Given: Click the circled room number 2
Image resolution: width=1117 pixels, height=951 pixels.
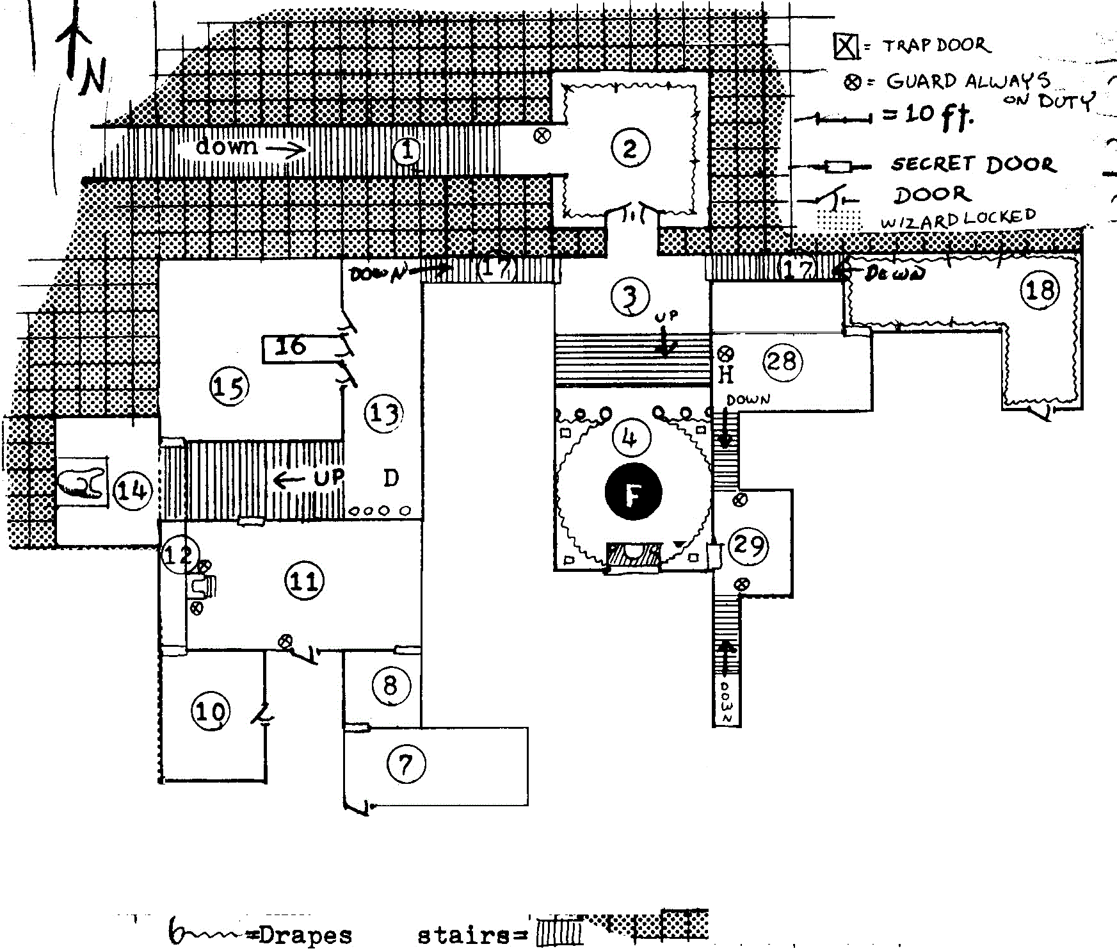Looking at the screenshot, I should [630, 148].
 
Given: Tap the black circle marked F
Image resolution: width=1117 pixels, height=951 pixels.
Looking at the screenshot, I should [633, 492].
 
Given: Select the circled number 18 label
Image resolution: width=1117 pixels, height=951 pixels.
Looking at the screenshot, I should [1040, 290].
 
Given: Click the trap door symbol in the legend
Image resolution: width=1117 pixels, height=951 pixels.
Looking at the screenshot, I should [846, 45].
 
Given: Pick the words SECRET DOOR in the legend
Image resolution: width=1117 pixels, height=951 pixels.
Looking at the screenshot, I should [973, 165].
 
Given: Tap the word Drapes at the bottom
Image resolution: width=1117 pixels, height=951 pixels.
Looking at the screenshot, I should [306, 935].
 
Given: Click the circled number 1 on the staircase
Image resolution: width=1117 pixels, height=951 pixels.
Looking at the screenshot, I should [406, 152].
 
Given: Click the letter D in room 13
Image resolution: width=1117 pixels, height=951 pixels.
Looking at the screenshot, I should [390, 478].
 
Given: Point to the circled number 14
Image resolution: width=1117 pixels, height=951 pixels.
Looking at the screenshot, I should [133, 491].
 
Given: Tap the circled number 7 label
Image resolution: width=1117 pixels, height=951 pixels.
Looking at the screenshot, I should [406, 763].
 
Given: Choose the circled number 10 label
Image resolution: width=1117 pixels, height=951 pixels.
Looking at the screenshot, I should [210, 711].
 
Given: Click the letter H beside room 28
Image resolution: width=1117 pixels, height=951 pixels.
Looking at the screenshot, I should [725, 375].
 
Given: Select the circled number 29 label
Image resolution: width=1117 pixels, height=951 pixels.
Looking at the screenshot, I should [748, 546].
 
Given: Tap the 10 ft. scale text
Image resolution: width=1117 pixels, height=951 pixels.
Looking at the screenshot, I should [940, 115].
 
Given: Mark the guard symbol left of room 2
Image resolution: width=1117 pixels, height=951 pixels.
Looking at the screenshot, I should [542, 136].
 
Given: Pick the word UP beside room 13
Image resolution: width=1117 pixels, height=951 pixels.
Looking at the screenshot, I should [328, 478].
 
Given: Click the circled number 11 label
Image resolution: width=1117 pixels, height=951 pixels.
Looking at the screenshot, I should [304, 581].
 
